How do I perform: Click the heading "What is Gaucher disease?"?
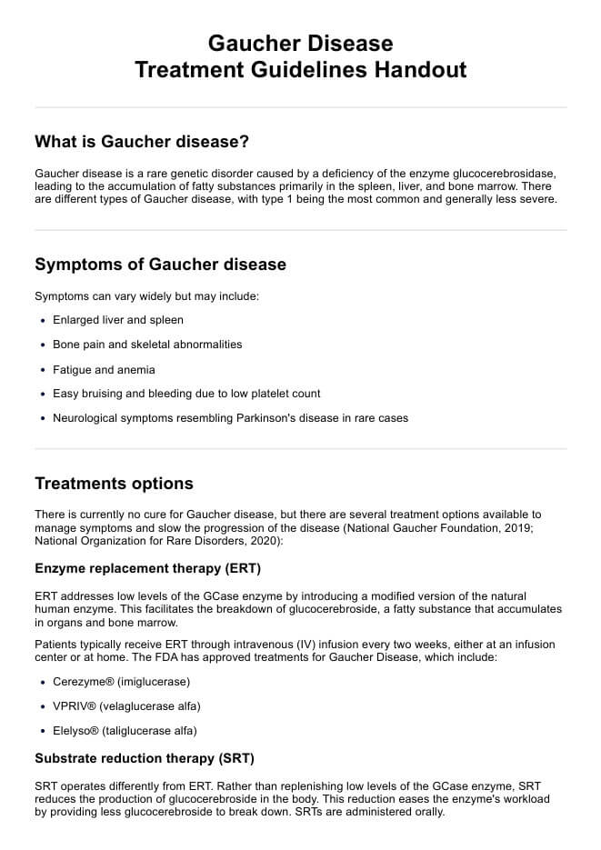pos(142,142)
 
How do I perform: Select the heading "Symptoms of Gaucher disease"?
pos(160,265)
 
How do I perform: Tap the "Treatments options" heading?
pos(114,483)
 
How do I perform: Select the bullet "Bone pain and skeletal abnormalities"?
pos(147,345)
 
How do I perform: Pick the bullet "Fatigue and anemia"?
pos(104,369)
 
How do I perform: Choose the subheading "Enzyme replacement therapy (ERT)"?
pos(147,569)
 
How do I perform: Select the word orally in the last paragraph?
pos(426,812)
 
